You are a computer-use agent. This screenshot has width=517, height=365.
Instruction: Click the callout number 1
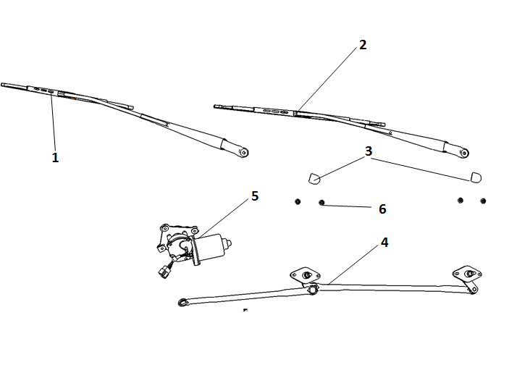point(55,157)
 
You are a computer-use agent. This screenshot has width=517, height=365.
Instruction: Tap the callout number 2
point(363,45)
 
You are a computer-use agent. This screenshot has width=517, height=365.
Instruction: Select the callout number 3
point(369,151)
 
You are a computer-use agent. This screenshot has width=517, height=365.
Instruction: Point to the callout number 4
point(384,243)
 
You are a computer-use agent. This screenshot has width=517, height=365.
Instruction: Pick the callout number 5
point(254,196)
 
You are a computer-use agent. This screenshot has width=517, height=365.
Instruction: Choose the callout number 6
point(382,209)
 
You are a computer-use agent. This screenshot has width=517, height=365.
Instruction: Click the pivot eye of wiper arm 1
point(243,152)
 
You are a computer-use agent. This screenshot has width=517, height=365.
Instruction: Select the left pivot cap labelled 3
point(313,178)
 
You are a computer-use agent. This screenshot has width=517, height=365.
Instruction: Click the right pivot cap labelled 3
point(476,177)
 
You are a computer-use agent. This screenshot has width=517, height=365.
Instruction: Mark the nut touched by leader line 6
point(321,204)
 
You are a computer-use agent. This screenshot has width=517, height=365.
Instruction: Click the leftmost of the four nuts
point(297,201)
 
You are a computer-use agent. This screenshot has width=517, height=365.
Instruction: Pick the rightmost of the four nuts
point(483,201)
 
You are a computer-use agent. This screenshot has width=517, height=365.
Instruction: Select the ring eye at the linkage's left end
point(182,302)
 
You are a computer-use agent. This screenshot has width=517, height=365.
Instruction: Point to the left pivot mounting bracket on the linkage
point(306,274)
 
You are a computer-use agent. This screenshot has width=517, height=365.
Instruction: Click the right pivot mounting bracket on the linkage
point(468,274)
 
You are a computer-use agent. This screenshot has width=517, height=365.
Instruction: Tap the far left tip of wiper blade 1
point(3,84)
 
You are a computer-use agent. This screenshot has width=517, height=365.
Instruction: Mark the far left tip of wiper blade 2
point(216,107)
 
